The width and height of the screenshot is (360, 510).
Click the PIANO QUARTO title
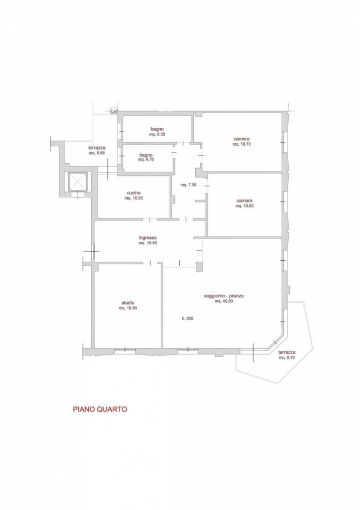100,409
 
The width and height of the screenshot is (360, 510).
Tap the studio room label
127,303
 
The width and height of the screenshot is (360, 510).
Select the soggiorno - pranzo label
224,296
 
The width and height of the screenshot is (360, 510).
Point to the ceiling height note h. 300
188,319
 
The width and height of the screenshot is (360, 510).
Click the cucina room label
133,193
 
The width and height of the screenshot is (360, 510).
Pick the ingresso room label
148,238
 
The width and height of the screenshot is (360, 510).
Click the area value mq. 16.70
241,144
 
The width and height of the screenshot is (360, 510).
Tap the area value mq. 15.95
244,206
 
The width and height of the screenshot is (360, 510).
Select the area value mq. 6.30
157,134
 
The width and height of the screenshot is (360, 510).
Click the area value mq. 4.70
146,160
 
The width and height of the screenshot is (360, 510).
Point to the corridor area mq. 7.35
189,185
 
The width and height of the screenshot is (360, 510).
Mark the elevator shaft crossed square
77,182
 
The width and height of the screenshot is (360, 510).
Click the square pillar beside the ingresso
199,267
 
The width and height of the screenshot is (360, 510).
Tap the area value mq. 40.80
224,301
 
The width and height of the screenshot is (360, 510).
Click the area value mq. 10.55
134,198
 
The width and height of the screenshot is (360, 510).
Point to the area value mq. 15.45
148,243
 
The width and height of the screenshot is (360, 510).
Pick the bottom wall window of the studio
125,350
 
